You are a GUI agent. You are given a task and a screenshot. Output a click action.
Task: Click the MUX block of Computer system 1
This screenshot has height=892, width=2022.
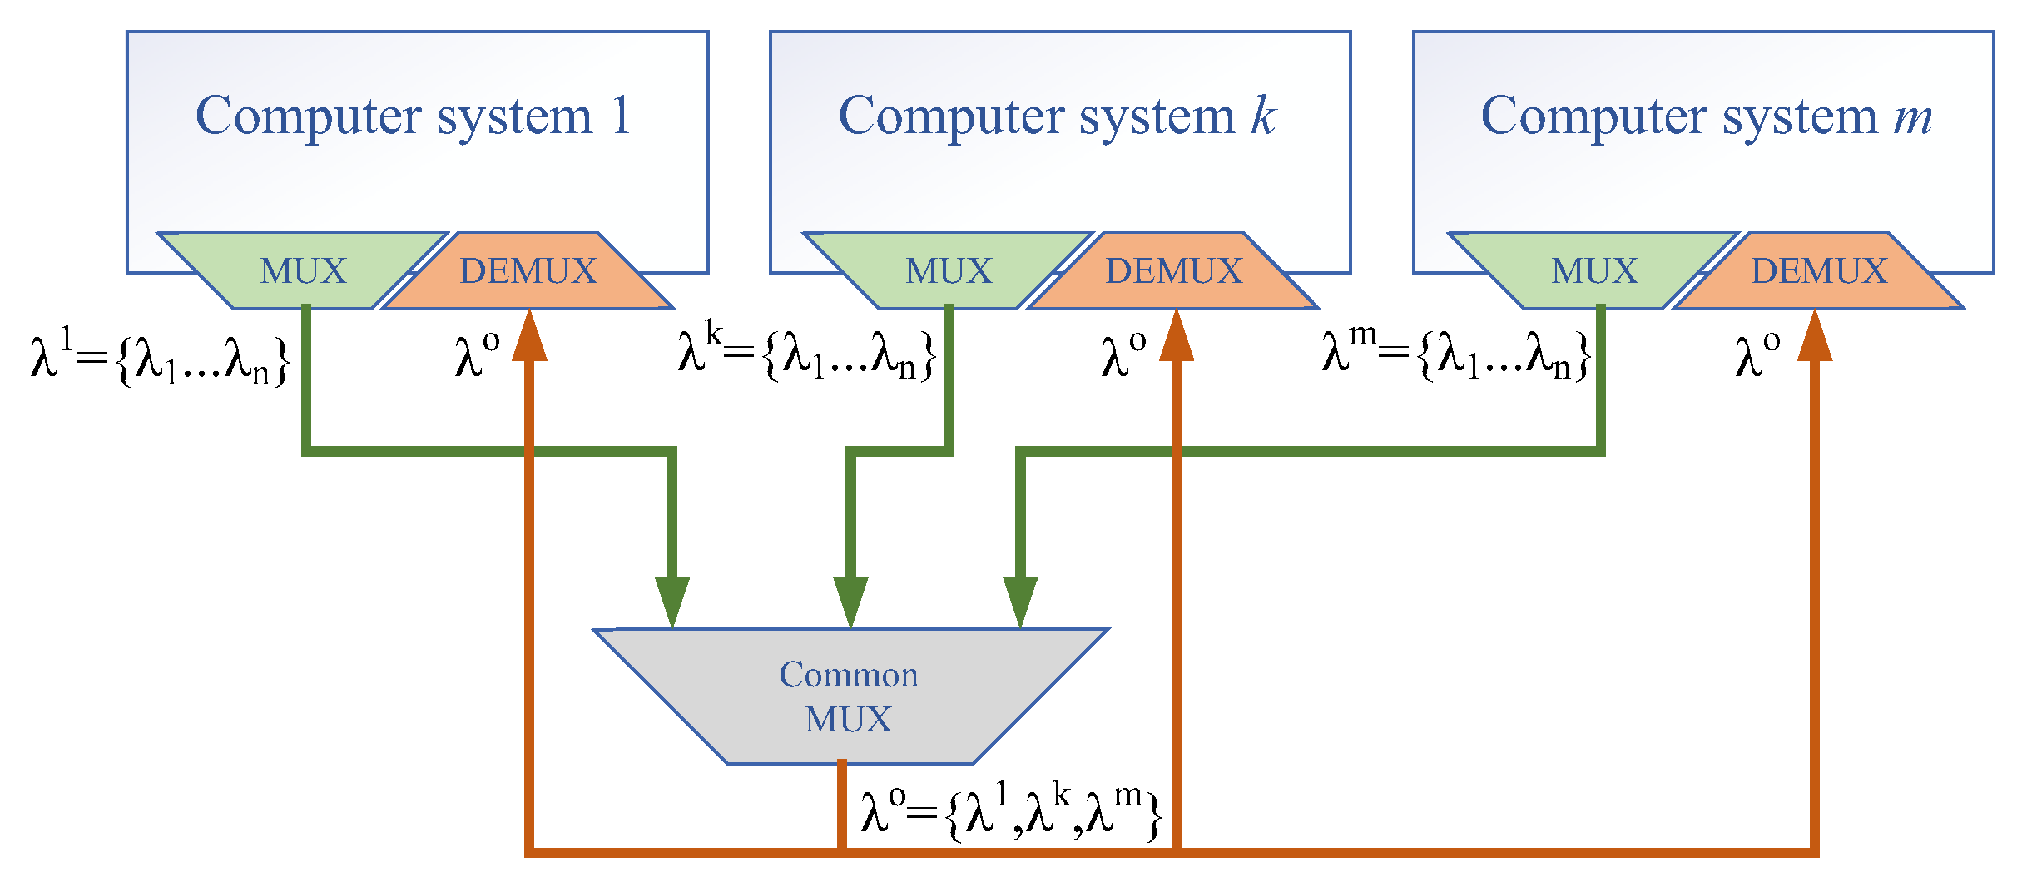pos(303,271)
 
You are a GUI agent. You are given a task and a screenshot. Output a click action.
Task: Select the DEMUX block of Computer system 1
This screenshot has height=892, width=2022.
pos(528,271)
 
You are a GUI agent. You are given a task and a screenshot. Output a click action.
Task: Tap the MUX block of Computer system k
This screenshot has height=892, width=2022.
pos(949,271)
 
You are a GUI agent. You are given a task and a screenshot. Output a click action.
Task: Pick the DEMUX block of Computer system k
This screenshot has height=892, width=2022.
pos(1174,271)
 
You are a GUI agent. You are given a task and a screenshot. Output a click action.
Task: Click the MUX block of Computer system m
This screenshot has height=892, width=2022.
pos(1594,271)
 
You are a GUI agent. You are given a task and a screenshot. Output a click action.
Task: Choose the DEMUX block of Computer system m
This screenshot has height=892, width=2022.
pos(1820,271)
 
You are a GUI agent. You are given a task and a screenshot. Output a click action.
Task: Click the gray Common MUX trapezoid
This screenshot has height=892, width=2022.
pos(849,696)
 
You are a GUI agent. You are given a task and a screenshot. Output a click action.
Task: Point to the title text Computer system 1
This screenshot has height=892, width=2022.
pos(414,116)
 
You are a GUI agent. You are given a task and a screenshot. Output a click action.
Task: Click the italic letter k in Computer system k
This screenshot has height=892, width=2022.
pos(1263,116)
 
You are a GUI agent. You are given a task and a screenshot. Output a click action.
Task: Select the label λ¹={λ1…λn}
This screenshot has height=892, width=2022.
pos(160,358)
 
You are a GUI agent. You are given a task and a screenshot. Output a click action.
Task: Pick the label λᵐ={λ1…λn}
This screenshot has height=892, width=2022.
pos(1456,353)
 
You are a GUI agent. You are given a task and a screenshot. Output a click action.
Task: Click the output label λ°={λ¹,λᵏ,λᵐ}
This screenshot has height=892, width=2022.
pos(1011,811)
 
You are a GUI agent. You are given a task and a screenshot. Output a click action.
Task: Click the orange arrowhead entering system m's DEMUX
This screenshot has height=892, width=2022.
pos(1815,337)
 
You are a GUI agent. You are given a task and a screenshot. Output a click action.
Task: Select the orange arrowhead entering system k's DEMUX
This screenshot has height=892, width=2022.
pos(1176,337)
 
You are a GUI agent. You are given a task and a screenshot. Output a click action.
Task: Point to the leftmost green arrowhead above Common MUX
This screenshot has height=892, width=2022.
pos(672,601)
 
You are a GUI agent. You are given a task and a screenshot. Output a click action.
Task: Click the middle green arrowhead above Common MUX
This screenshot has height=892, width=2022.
pos(850,601)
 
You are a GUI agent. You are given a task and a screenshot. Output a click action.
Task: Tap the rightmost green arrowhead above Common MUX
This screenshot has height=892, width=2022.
pos(1020,601)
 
